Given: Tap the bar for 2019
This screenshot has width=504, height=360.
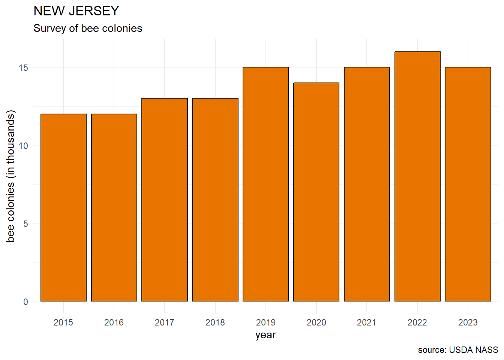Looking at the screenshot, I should (265, 184).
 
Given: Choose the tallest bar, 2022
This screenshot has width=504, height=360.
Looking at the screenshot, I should (417, 176).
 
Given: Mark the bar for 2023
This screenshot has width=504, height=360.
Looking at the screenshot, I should (468, 184).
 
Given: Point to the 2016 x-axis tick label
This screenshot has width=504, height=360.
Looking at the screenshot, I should (114, 322).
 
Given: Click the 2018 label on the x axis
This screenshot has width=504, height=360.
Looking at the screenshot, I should (215, 322).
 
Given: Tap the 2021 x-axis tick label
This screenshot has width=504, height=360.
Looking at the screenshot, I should (367, 322).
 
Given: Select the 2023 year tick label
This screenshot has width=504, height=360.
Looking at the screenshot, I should (468, 322).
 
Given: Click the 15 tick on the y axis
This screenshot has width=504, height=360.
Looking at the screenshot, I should (23, 67).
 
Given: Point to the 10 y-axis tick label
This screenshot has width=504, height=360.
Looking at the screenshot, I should (23, 145).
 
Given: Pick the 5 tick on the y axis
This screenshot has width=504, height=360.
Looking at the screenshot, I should (25, 223).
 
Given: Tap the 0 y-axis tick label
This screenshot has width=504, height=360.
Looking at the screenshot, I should (25, 301).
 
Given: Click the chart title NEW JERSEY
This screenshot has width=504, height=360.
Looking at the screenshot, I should (76, 11).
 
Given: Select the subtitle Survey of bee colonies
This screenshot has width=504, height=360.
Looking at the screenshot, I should (88, 28).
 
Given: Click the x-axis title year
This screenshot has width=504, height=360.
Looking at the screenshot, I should (265, 335).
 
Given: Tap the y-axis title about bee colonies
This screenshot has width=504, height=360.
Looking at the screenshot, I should (10, 176).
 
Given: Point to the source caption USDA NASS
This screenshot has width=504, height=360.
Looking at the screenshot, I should (458, 350).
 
